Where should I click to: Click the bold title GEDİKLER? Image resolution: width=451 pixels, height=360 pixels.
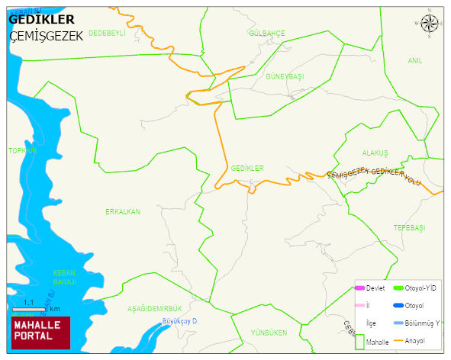point(41,20)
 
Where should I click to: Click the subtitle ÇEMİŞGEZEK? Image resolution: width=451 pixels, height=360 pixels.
point(46,36)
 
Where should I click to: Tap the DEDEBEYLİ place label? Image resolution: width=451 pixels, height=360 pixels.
point(106,34)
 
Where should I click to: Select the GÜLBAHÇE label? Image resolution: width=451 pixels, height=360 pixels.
point(267,34)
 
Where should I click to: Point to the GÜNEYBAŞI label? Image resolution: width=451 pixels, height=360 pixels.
point(285,77)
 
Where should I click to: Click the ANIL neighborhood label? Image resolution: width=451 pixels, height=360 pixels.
point(414,60)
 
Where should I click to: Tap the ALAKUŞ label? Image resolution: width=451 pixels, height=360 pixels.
point(375,153)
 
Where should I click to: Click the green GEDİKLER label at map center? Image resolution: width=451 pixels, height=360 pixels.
point(246,168)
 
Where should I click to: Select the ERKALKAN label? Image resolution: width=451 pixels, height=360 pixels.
point(123,211)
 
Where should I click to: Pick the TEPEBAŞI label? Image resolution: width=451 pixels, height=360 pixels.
point(409,228)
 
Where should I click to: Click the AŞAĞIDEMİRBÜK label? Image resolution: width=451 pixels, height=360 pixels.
point(155,308)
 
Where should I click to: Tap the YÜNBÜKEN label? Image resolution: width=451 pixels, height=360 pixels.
point(269,333)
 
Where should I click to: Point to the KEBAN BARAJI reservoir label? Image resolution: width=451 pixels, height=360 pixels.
point(64,277)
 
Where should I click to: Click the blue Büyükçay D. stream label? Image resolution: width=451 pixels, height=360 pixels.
point(180,322)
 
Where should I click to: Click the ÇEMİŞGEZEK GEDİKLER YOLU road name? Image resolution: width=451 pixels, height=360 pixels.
point(374,177)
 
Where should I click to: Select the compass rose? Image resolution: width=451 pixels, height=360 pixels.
point(430,24)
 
